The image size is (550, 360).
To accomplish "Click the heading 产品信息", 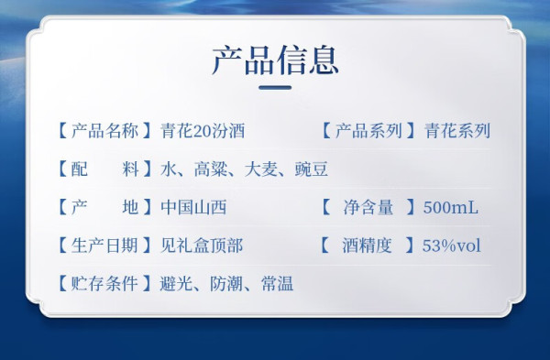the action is [x=275, y=60].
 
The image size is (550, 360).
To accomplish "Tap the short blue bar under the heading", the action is [x=275, y=87].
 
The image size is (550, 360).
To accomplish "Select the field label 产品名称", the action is [x=104, y=131].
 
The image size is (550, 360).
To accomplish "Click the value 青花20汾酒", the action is [x=203, y=131].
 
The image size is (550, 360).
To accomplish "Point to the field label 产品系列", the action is [x=368, y=131].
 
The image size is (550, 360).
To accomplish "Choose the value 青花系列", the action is [x=457, y=131].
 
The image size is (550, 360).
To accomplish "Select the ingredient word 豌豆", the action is [x=312, y=169].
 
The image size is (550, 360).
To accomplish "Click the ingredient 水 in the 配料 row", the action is [x=169, y=169].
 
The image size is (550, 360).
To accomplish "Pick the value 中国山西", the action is [x=193, y=207].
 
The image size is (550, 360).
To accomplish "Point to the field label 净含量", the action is [x=368, y=207].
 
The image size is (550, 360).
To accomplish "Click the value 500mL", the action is [x=451, y=208].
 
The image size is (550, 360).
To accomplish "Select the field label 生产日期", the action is [x=104, y=245].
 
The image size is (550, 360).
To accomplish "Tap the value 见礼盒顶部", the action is [x=202, y=245].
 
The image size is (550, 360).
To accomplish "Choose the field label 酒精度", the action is [x=367, y=245].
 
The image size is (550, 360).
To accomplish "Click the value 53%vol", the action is [x=451, y=245].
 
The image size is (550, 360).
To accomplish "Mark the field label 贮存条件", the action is [x=104, y=283].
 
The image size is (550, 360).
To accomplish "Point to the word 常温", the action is [x=277, y=283].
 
